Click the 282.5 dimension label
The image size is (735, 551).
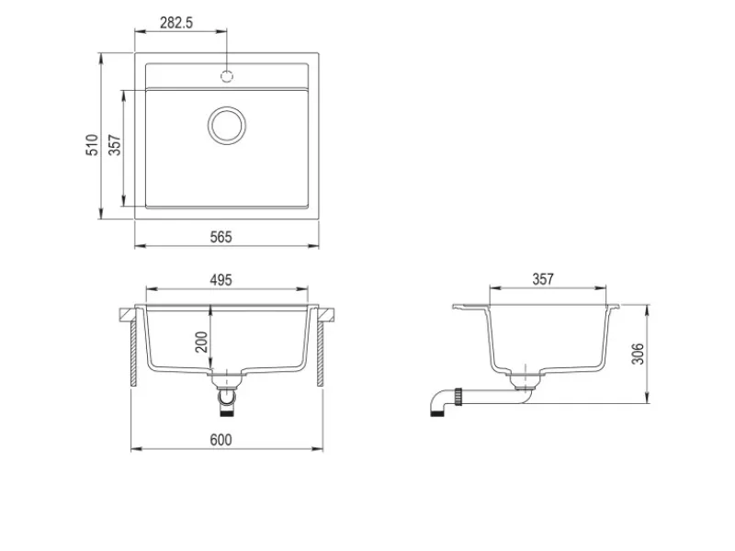176,22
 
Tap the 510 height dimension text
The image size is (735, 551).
93,145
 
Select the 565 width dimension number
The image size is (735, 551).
220,237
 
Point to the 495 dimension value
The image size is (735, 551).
220,280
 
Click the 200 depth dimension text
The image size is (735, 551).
201,342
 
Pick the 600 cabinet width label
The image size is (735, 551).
220,440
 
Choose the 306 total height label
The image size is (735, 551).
638,354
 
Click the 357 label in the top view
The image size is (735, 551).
115,145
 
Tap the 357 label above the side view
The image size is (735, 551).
543,279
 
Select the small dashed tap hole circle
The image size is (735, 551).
227,76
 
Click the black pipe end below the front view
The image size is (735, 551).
227,412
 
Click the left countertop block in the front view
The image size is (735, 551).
127,315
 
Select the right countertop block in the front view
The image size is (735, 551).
327,315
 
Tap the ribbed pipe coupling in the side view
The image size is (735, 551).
458,397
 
